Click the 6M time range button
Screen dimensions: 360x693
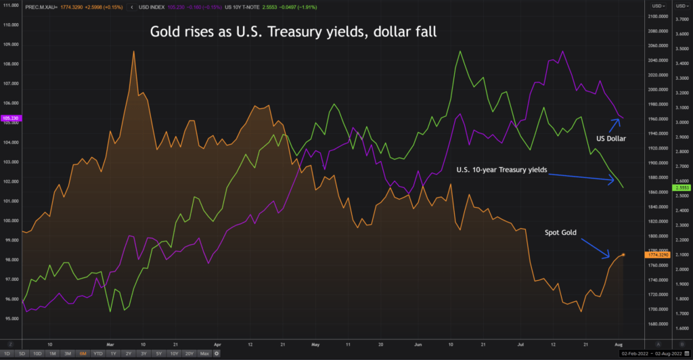83,354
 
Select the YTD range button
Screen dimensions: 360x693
98,354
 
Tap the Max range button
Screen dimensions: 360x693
204,354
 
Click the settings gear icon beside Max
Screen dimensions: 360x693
217,354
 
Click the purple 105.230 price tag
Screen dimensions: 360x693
12,118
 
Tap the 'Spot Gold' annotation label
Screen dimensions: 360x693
562,232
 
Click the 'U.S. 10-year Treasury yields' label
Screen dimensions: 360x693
501,170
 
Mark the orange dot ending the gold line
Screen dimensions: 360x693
623,255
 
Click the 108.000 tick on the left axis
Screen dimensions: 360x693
12,64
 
